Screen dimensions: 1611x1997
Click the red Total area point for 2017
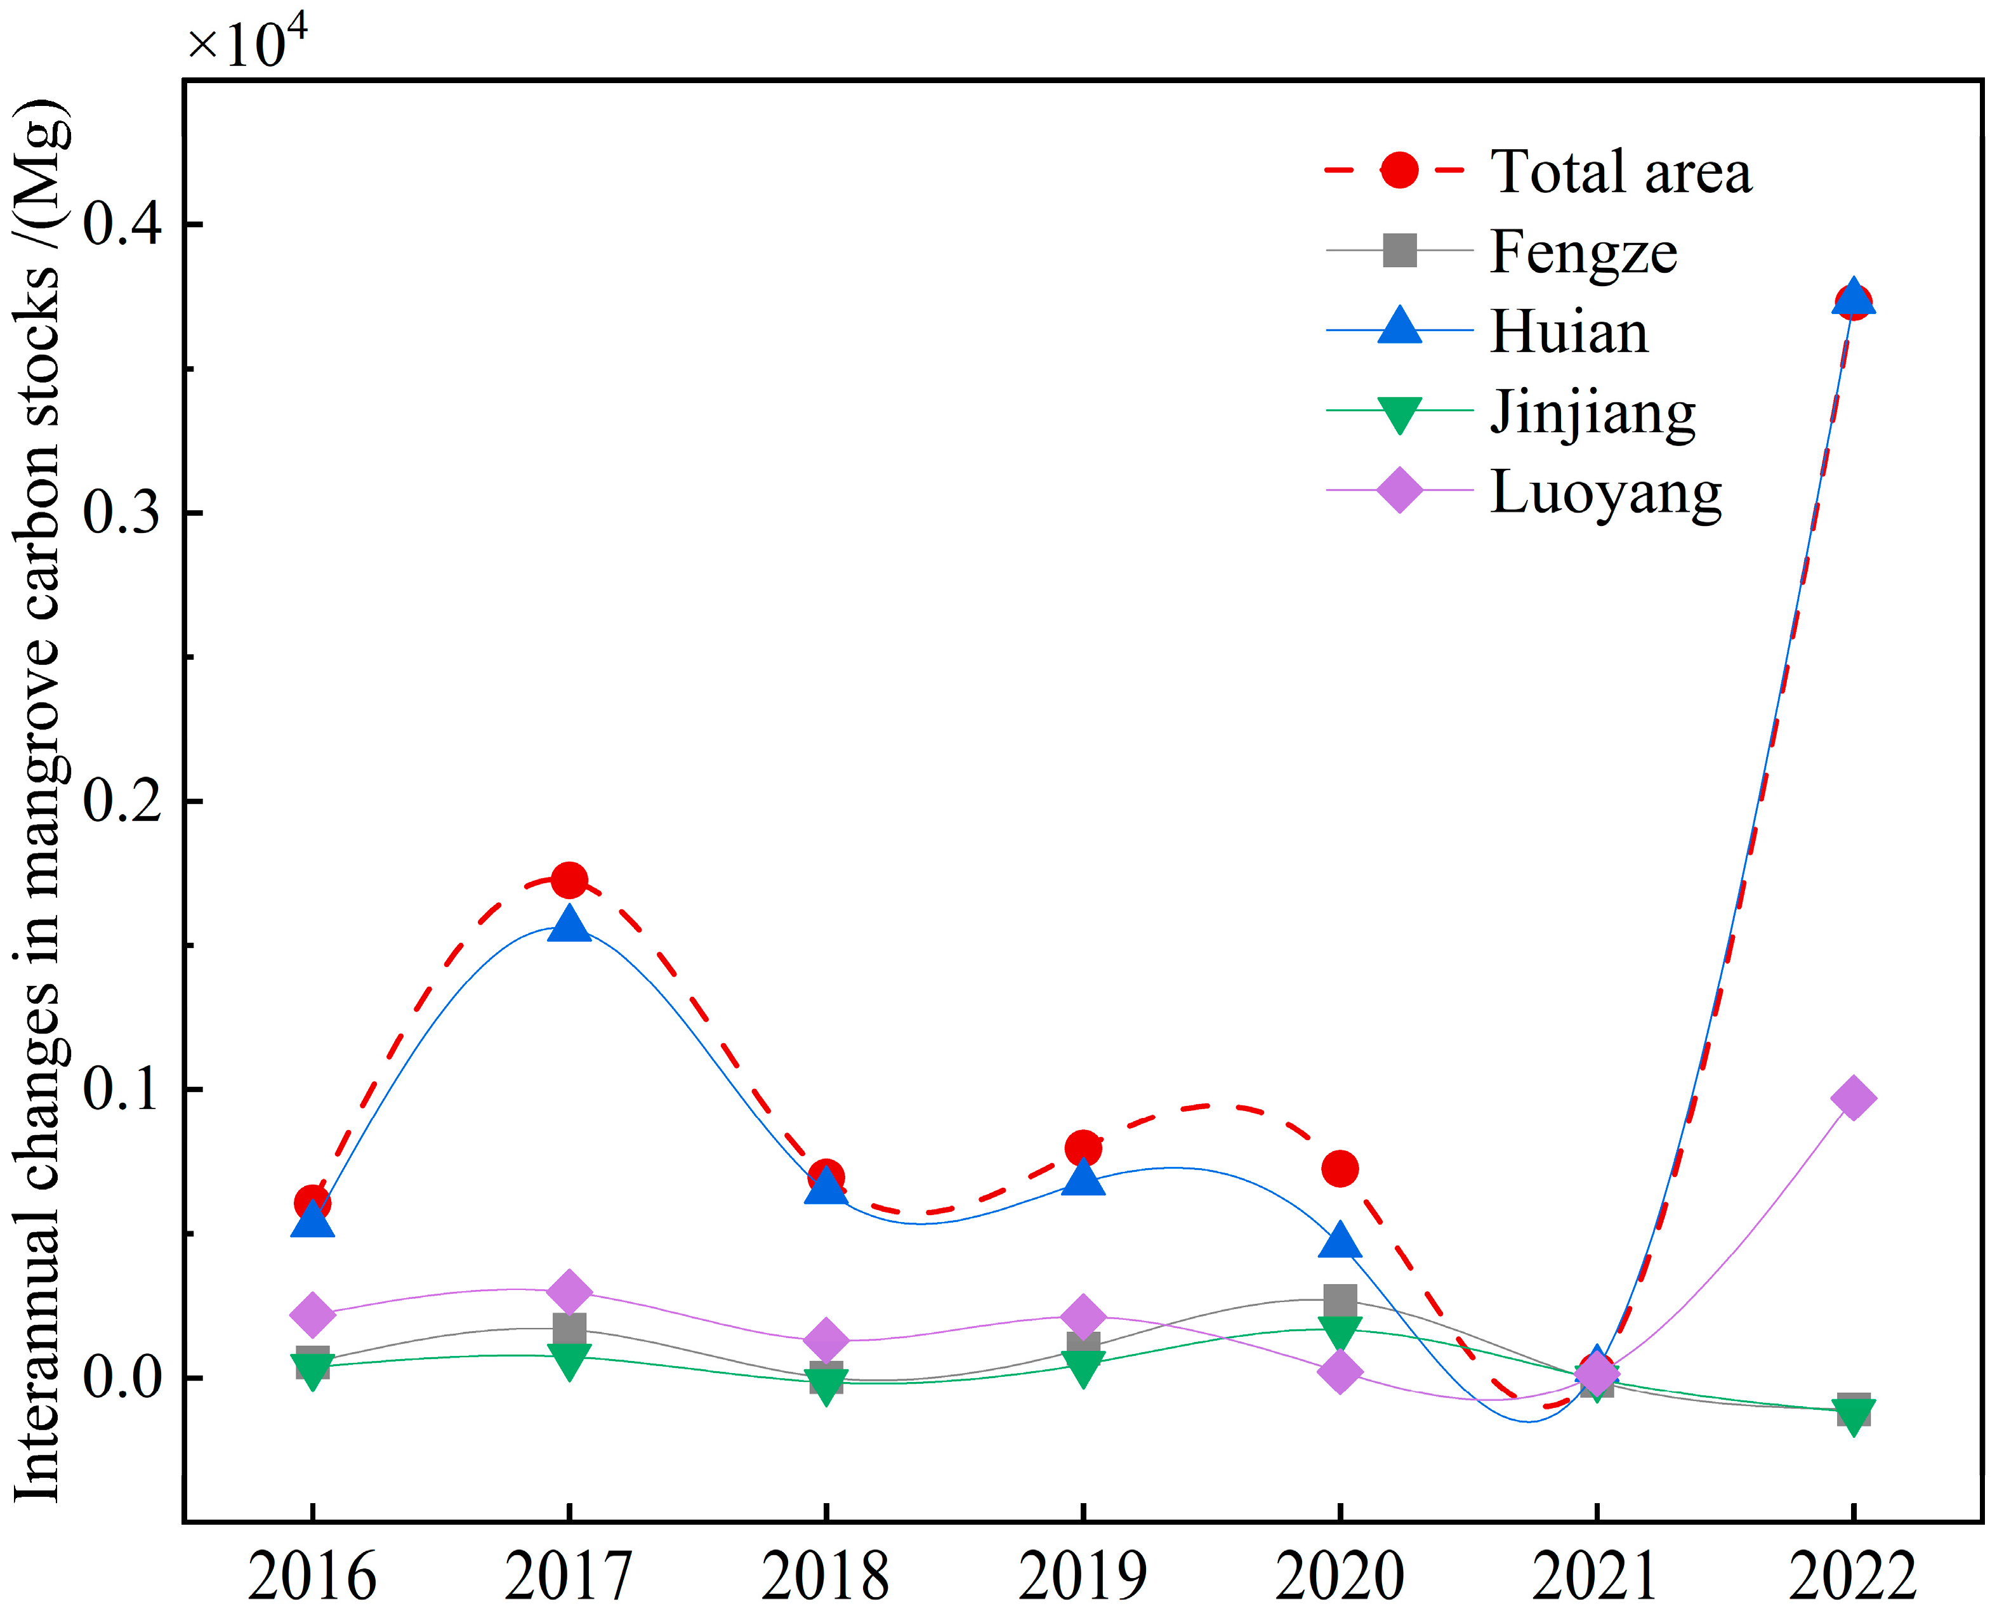coord(569,880)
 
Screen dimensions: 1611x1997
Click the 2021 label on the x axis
coord(1595,1575)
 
